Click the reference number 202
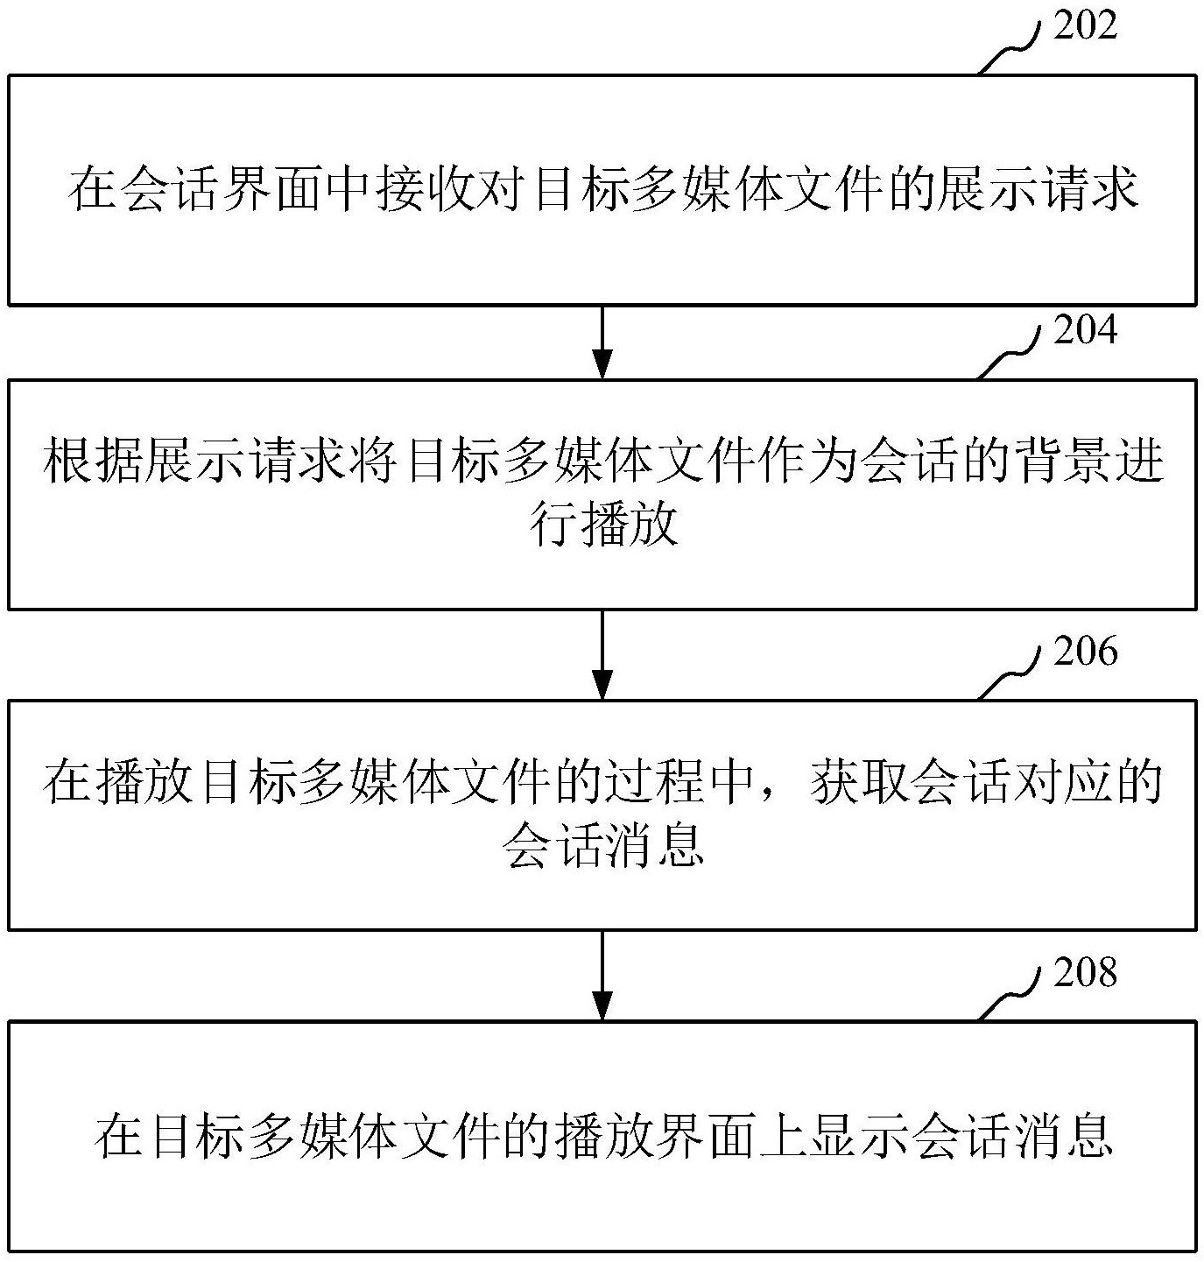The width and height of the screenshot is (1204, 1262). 1085,25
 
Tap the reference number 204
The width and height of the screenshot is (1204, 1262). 1085,330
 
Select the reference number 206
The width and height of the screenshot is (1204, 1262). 1085,651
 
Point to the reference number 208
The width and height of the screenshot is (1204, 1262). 1085,972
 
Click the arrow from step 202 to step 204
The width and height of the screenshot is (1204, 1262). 602,342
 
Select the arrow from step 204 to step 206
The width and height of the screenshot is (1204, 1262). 602,655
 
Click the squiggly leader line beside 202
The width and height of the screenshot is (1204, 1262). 1008,49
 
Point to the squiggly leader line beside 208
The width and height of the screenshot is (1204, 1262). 1008,994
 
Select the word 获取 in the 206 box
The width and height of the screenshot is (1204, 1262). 856,782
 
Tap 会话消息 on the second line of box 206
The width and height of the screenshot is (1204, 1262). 603,845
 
